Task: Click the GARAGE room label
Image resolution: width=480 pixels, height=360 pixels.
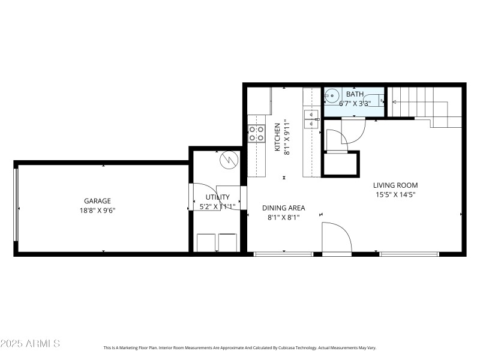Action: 97,201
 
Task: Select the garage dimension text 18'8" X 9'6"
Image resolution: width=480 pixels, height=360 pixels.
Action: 97,211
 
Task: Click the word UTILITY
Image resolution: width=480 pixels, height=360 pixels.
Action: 217,197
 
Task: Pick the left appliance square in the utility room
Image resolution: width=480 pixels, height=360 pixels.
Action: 206,242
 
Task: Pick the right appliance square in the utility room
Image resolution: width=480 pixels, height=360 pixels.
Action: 228,242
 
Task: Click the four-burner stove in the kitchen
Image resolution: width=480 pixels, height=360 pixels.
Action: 257,133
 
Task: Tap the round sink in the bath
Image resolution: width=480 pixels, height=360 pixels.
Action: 332,95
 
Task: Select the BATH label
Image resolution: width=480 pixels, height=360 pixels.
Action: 354,94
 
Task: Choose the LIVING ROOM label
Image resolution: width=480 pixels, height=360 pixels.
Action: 395,185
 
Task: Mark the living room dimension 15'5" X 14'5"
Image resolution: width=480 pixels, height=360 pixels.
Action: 395,194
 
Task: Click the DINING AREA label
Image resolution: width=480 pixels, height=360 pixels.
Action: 283,208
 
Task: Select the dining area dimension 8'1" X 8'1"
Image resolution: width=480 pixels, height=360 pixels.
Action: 283,218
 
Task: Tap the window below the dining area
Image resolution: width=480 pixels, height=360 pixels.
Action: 283,254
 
